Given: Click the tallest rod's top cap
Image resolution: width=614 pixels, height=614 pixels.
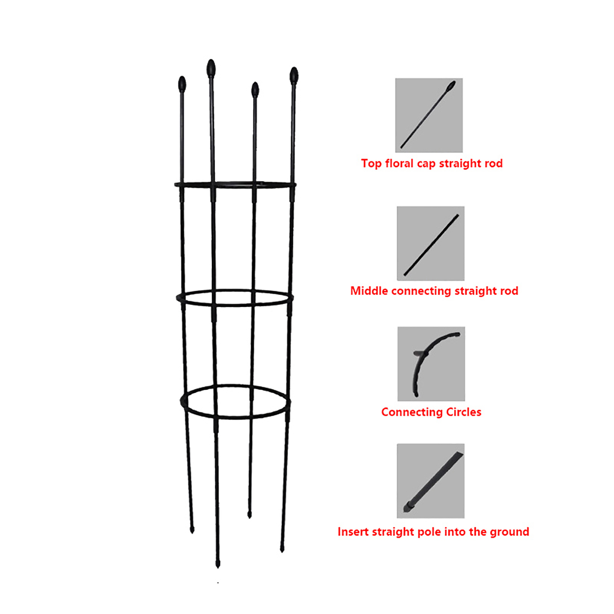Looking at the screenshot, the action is pos(211,68).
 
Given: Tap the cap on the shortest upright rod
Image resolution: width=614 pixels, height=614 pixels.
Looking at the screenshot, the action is pos(255,90).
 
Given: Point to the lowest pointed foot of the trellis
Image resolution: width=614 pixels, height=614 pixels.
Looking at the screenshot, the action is pos(218,563).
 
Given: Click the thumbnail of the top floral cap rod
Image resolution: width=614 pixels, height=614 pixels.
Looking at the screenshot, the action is pos(429,115).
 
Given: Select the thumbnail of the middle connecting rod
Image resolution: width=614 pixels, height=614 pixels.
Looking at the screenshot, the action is pos(431,243).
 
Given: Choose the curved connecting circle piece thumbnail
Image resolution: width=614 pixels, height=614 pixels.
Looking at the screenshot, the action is pos(431,364).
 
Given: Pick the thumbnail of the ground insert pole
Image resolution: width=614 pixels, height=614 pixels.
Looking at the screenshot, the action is pos(431,481).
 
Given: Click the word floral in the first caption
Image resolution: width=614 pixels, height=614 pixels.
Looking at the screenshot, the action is pos(399,163).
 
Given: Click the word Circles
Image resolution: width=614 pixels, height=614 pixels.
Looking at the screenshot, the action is pos(464,412).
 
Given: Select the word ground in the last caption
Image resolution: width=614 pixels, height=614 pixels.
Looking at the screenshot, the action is pos(509,532).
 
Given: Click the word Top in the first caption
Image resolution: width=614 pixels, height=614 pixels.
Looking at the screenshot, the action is pos(371,164).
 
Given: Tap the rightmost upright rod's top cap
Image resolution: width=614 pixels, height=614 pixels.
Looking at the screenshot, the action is pos(294,75).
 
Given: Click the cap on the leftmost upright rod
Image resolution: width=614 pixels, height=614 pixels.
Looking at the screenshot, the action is pos(182,84).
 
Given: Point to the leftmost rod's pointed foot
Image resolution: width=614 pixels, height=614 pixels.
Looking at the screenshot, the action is pos(192,529).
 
